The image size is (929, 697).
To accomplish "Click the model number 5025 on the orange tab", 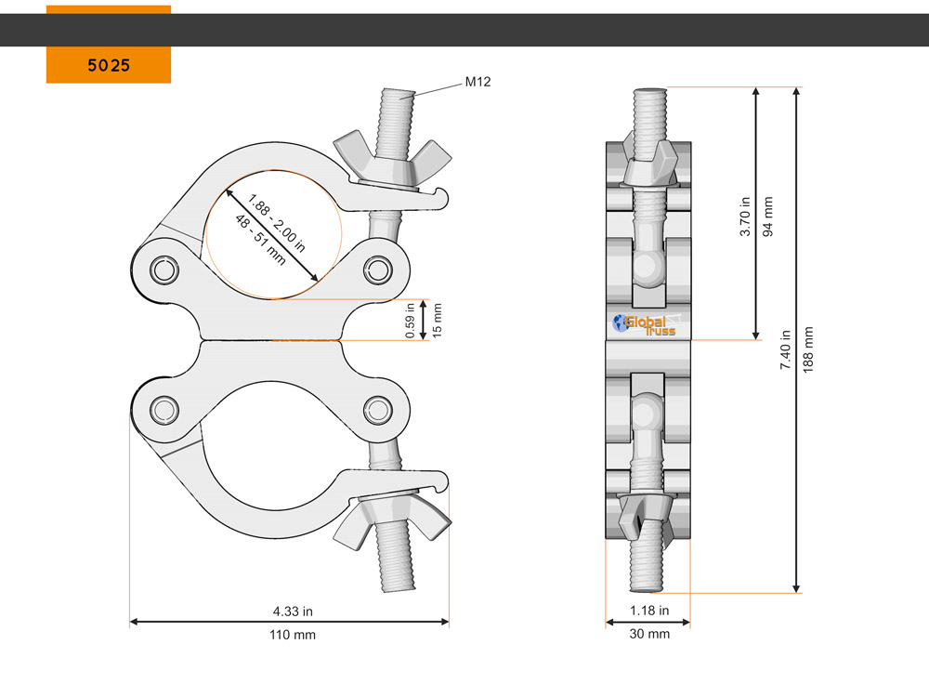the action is pyautogui.click(x=109, y=65).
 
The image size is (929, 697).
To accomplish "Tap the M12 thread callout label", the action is pyautogui.click(x=478, y=82).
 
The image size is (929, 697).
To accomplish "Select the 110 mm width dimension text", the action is pyautogui.click(x=293, y=635).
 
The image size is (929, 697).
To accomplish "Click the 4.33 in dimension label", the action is pyautogui.click(x=293, y=612).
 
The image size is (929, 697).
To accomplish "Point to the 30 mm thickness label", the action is pyautogui.click(x=649, y=634).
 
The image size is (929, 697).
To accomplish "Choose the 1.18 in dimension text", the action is pyautogui.click(x=649, y=611).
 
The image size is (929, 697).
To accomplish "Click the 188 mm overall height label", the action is pyautogui.click(x=808, y=349).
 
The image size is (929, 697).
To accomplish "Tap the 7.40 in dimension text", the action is pyautogui.click(x=786, y=349).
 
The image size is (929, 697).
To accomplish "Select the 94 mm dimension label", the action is pyautogui.click(x=768, y=217).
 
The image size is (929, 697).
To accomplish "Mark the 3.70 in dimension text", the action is pyautogui.click(x=745, y=217).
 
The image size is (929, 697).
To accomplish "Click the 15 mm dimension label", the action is pyautogui.click(x=438, y=321).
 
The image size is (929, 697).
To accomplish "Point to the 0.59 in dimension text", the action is pyautogui.click(x=410, y=321).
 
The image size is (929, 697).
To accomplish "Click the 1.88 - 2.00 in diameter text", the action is pyautogui.click(x=277, y=223).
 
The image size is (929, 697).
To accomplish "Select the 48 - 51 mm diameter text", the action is pyautogui.click(x=260, y=239).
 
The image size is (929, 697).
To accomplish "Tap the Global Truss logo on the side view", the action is pyautogui.click(x=645, y=324).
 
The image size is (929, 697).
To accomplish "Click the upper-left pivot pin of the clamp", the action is pyautogui.click(x=164, y=270).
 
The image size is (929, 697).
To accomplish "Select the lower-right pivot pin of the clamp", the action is pyautogui.click(x=377, y=410).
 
